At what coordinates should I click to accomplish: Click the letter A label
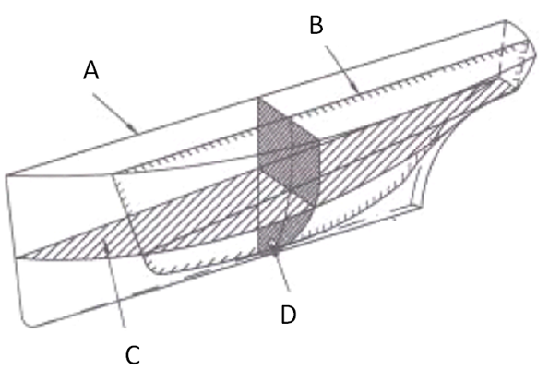91,70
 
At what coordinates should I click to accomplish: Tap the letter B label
316,25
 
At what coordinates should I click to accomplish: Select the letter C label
133,354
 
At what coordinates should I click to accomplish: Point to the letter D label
289,315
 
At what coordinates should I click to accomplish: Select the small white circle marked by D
272,244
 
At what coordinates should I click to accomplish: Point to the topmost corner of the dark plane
257,98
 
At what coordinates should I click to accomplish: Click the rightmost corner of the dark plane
319,140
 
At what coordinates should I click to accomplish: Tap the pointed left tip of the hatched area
18,258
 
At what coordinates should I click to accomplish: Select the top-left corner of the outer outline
6,174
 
